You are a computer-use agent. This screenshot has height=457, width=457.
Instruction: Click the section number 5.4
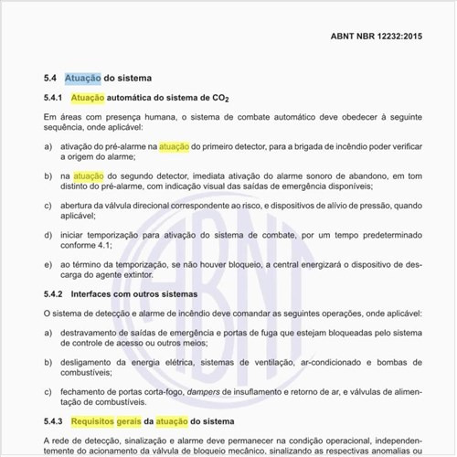coord(50,79)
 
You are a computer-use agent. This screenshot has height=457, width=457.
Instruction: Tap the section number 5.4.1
coord(53,97)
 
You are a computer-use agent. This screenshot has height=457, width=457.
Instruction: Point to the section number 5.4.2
coord(53,294)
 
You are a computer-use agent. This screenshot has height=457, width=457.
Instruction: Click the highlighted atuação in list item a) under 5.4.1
coord(174,145)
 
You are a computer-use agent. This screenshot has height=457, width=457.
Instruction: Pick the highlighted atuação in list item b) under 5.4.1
coord(89,174)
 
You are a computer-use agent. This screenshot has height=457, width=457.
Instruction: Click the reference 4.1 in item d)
coord(107,245)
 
